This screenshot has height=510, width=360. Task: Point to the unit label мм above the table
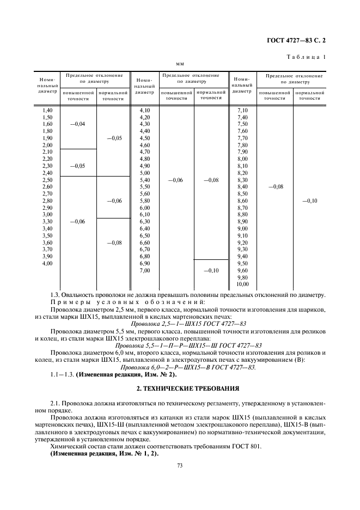(x=179, y=64)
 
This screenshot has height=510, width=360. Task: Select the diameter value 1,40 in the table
(x=47, y=111)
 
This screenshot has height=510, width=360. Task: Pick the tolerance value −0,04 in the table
(x=78, y=124)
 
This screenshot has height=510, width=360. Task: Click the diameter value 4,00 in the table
(x=47, y=263)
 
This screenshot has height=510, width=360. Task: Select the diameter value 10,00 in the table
(x=242, y=284)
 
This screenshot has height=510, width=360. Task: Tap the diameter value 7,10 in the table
(x=242, y=111)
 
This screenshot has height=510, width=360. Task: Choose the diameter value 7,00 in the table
(x=145, y=270)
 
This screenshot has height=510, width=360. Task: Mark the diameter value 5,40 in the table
(x=145, y=180)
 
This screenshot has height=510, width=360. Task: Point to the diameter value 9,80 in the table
(x=242, y=277)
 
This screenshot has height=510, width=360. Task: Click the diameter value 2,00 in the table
(x=47, y=145)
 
